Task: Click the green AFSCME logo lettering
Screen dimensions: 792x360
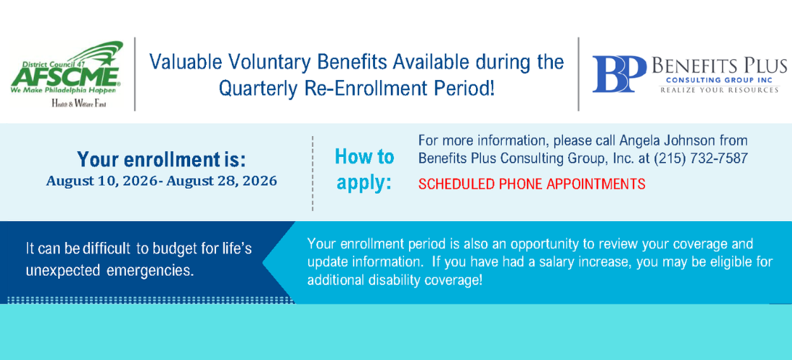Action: tap(65, 76)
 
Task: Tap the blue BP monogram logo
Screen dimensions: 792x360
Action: tap(619, 73)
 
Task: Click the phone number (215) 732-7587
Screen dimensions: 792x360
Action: tap(701, 158)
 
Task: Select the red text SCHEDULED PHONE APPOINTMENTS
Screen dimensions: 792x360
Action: tap(532, 184)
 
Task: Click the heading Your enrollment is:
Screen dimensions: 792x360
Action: tap(161, 160)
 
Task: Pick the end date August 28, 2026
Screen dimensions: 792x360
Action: tap(221, 181)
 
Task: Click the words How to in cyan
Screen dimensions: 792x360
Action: tap(364, 157)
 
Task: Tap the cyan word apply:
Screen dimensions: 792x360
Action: tap(364, 183)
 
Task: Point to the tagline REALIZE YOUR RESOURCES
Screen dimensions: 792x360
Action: tap(719, 90)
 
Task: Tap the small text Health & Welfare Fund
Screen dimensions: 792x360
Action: tap(78, 104)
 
